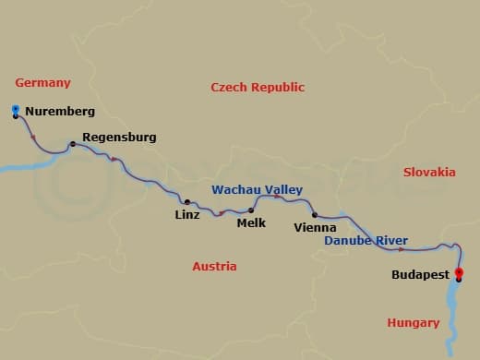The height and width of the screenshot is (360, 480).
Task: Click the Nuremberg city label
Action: [60, 112]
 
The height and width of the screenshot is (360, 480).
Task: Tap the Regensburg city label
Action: [119, 138]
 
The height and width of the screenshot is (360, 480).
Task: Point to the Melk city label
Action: [251, 222]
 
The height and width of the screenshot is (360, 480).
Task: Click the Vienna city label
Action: [314, 226]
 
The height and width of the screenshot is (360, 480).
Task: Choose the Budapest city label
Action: [420, 274]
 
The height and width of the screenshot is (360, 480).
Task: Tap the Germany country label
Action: [42, 83]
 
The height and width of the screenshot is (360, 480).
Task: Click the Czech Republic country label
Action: [258, 88]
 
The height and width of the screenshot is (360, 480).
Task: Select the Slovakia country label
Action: [429, 172]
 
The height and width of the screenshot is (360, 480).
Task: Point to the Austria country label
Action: [214, 267]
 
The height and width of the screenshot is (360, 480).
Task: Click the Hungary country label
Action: [413, 323]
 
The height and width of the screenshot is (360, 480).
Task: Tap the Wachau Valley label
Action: [258, 189]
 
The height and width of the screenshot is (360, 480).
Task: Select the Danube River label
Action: [366, 241]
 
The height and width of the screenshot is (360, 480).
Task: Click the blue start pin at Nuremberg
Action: [16, 111]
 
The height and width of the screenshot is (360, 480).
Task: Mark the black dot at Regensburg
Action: [72, 144]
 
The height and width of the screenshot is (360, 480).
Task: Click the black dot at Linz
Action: [186, 202]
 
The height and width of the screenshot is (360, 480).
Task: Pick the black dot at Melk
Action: [251, 210]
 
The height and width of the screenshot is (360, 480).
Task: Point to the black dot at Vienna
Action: [315, 214]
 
